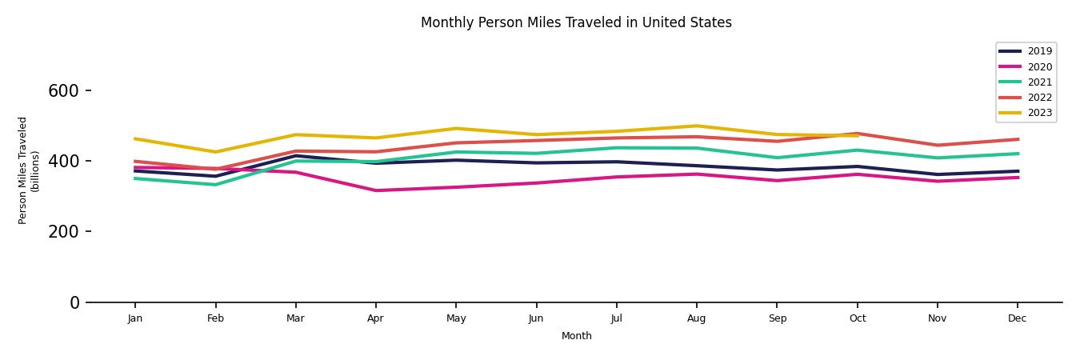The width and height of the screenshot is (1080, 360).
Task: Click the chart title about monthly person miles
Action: (x=576, y=22)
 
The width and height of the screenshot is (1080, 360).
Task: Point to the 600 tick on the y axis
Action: (x=63, y=91)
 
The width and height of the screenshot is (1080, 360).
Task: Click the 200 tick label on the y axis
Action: (x=63, y=232)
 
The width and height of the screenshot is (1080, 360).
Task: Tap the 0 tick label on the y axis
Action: (x=74, y=302)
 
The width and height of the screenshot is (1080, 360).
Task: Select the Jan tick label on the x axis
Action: (x=135, y=318)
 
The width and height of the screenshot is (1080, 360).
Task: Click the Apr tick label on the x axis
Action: (x=375, y=318)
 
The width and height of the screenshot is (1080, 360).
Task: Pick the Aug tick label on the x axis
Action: (x=696, y=318)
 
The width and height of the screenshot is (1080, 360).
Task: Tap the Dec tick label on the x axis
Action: (x=1017, y=318)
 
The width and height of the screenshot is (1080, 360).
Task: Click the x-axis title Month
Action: (x=576, y=336)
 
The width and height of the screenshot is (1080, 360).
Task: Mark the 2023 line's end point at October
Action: (x=857, y=136)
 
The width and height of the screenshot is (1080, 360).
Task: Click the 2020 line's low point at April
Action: (x=375, y=190)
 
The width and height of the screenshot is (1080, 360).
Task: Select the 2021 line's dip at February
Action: (x=215, y=185)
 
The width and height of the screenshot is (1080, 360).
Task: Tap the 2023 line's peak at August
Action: (x=696, y=126)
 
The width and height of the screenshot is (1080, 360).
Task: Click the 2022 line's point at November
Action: (x=937, y=146)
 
